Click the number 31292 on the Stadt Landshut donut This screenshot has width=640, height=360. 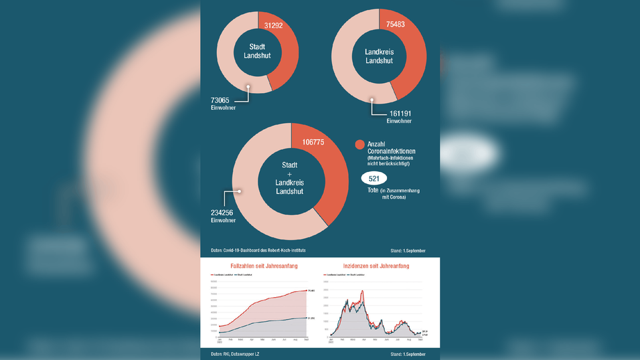click(274, 26)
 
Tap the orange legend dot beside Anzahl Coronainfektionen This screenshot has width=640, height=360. click(359, 145)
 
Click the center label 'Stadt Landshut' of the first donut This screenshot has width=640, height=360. click(257, 52)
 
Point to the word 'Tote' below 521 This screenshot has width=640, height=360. click(374, 191)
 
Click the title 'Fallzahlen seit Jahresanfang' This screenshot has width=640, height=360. click(264, 266)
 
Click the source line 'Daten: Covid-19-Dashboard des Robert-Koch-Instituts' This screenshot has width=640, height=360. click(258, 250)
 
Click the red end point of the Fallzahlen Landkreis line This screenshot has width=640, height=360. click(306, 290)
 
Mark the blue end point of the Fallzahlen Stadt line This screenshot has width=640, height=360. click(306, 318)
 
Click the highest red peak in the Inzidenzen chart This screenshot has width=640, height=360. click(363, 291)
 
